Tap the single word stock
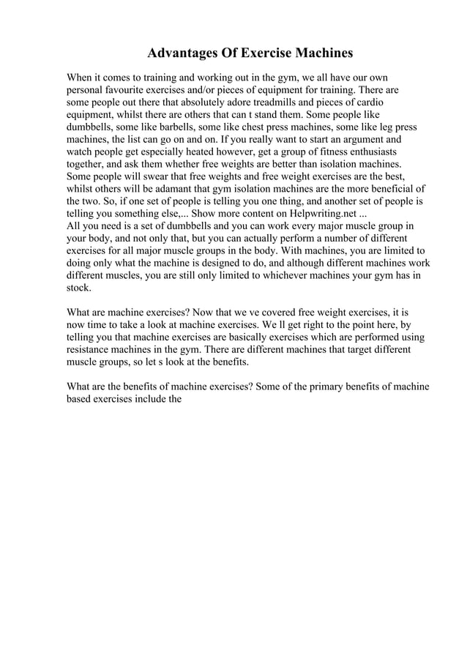pos(78,288)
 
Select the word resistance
pos(90,351)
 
